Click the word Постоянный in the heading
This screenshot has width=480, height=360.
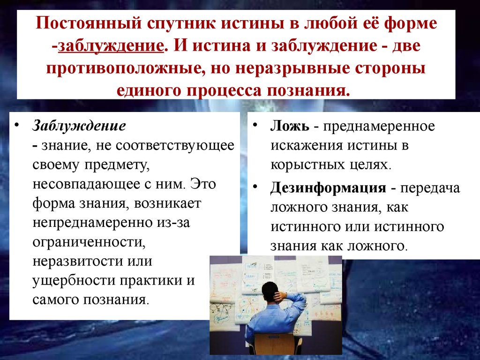(x=89, y=23)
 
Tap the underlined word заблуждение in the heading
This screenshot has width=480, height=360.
(x=111, y=46)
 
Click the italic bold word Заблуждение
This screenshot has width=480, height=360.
(x=79, y=126)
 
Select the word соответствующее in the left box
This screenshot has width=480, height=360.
(x=175, y=146)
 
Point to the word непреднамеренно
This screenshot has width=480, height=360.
(x=92, y=223)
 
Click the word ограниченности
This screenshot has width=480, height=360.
(x=89, y=242)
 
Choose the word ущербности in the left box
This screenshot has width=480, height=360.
(x=74, y=280)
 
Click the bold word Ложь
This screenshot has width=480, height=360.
(x=290, y=126)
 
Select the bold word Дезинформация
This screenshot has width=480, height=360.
(x=328, y=187)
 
